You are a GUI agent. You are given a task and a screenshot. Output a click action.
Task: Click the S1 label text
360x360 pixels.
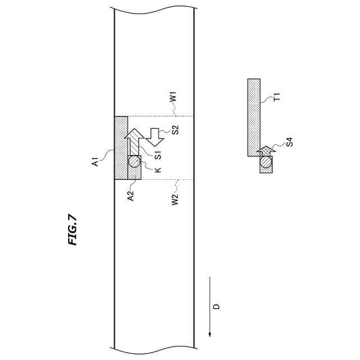coord(159,152)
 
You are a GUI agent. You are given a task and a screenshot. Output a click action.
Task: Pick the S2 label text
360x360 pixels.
coord(175,129)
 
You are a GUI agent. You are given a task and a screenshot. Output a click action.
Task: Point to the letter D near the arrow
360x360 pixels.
coord(216,307)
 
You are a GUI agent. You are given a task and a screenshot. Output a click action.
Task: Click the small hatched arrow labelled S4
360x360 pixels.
coord(264,151)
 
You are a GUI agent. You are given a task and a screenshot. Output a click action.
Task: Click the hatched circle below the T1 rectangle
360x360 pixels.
coord(265,163)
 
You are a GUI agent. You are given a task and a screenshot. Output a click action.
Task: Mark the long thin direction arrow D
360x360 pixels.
coord(210,307)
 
